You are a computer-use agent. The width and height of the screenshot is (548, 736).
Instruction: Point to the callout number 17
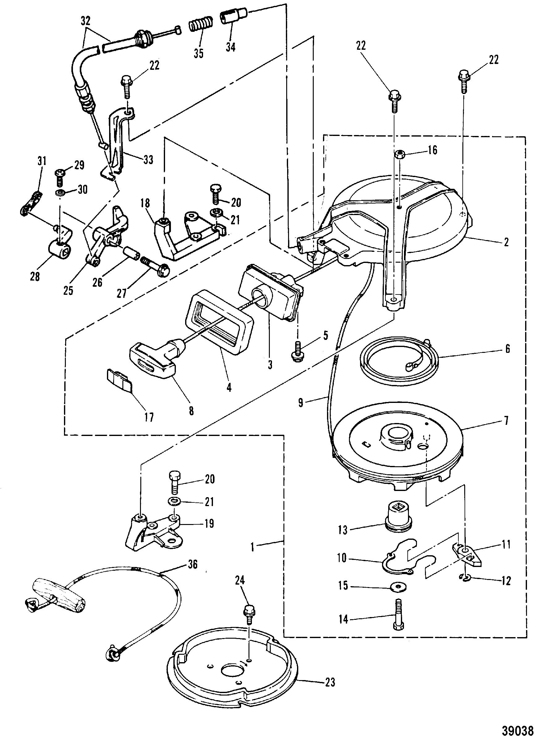point(149,417)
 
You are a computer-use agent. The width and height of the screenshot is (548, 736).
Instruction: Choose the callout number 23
point(330,682)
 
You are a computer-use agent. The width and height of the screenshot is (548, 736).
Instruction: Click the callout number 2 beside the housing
point(506,242)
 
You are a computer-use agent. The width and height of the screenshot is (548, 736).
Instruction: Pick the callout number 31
point(42,162)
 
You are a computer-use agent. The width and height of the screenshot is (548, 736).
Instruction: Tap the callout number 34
point(231,47)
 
